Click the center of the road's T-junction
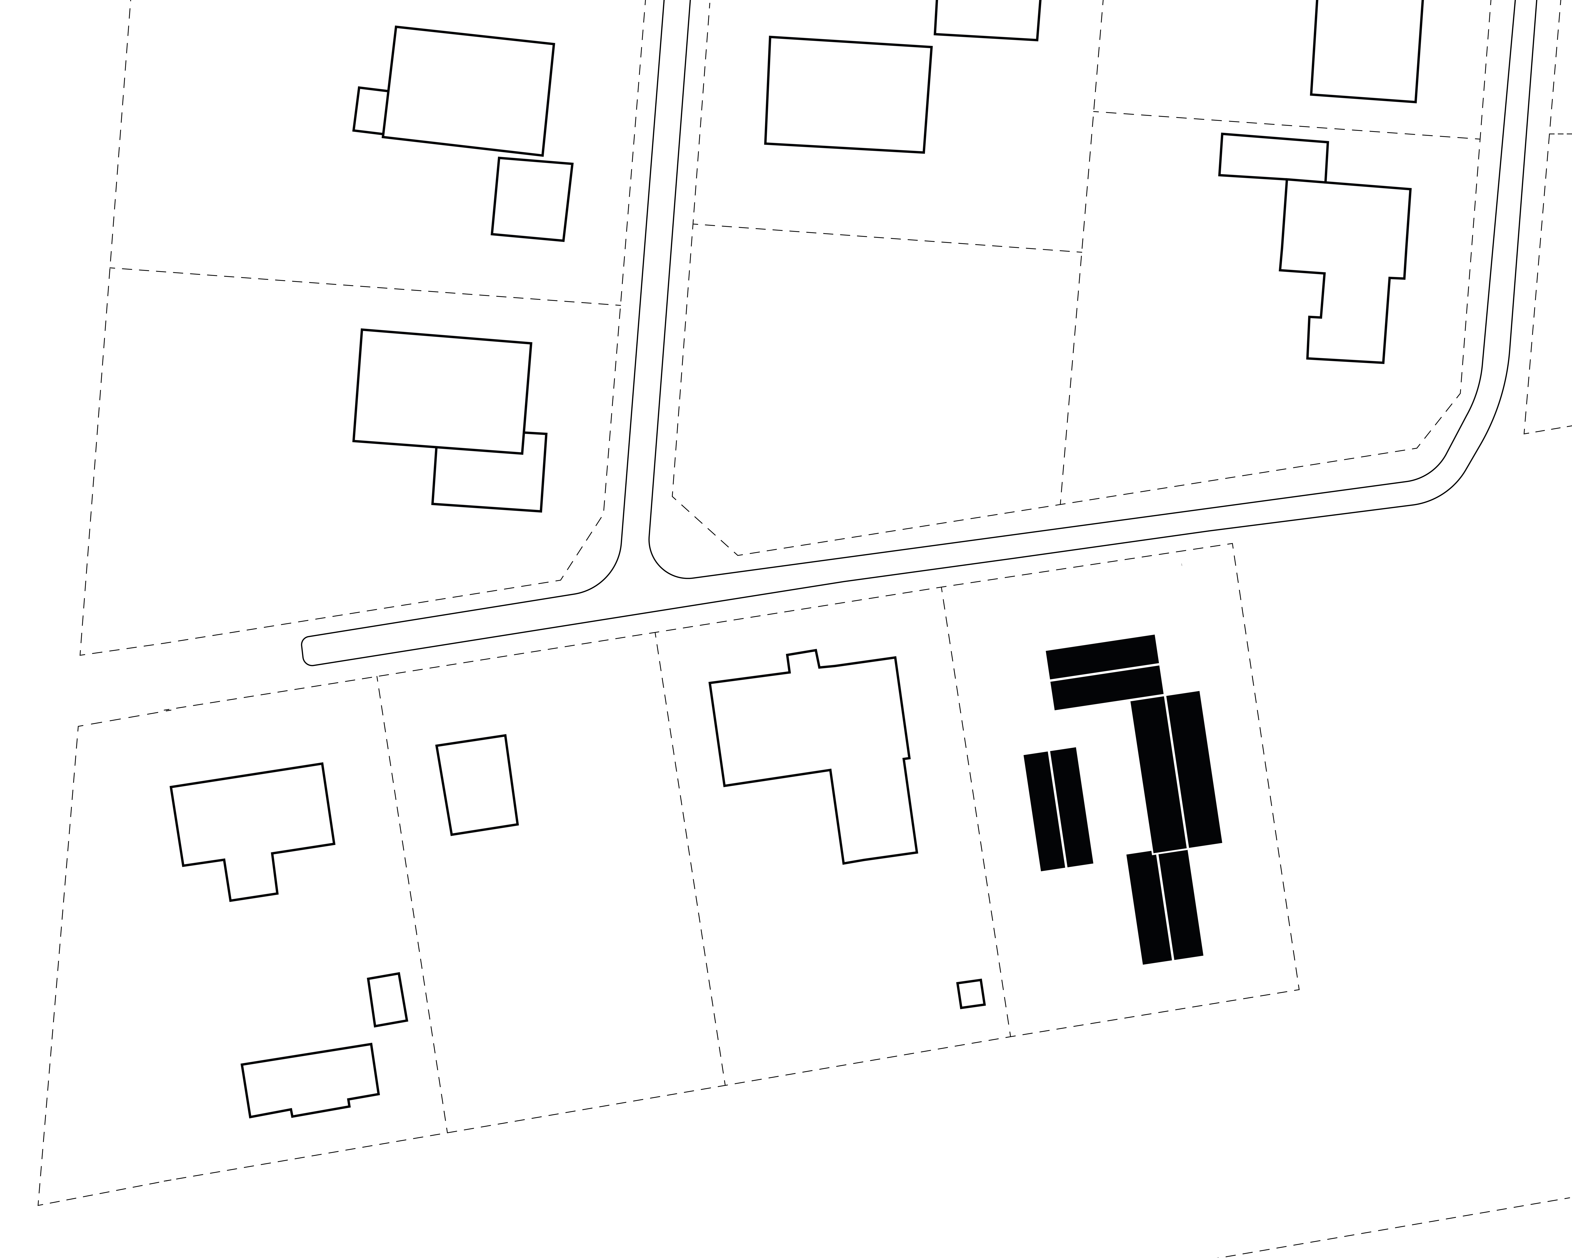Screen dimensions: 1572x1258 (634, 576)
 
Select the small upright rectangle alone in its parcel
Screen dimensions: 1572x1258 (477, 785)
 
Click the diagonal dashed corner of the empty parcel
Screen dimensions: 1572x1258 (704, 525)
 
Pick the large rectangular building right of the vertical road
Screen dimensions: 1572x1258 (848, 95)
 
